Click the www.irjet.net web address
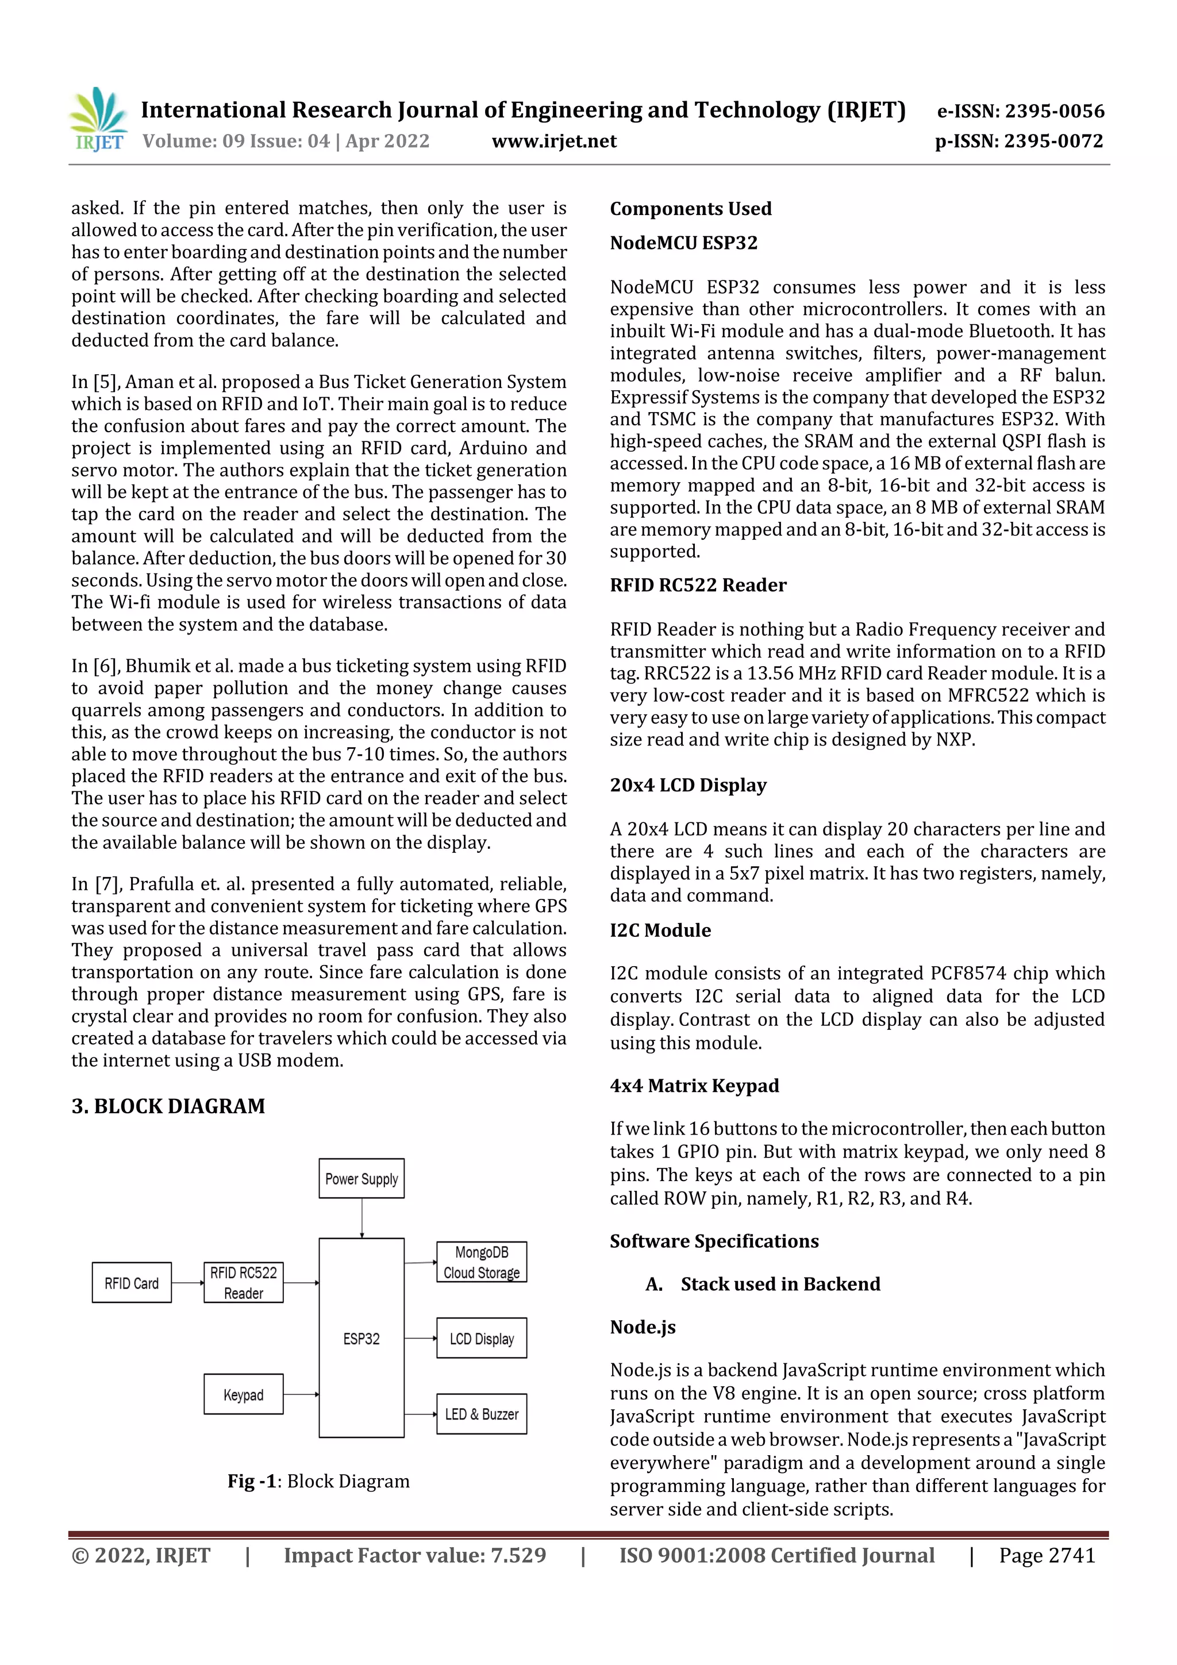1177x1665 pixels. coord(554,141)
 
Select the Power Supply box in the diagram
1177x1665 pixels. coord(361,1178)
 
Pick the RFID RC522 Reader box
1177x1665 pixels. coord(244,1283)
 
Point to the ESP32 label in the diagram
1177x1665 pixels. coord(361,1339)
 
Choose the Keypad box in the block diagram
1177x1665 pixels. coord(244,1394)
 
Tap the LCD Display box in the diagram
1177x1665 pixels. coord(482,1339)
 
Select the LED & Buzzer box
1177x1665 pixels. coord(482,1414)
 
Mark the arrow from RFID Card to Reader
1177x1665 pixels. coord(188,1283)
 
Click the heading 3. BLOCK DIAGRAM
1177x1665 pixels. coord(168,1106)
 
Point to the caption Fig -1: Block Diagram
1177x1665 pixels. coord(318,1481)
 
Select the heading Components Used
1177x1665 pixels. coord(690,209)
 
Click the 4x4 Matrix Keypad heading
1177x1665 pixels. coord(694,1086)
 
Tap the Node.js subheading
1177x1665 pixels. coord(643,1327)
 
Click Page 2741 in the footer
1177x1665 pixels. coord(1047,1555)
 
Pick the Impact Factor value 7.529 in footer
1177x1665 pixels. coord(415,1555)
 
